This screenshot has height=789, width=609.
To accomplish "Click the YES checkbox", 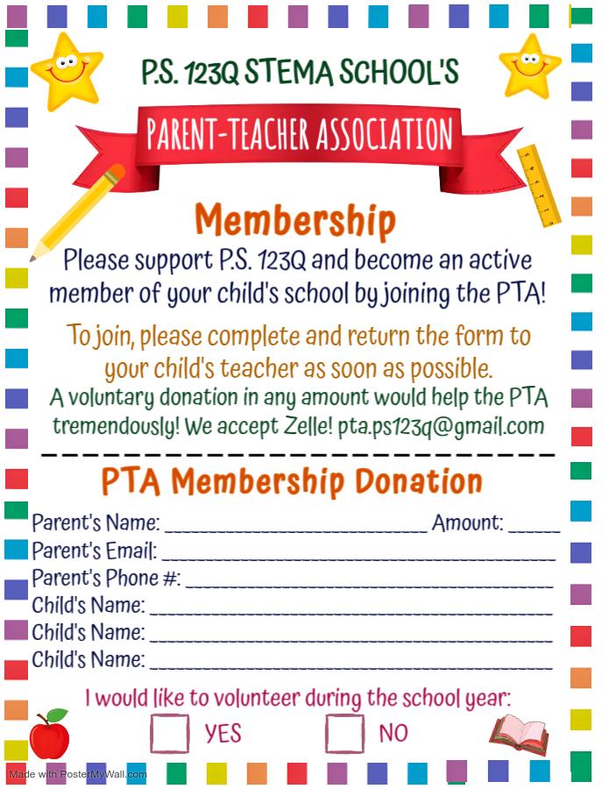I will click(x=169, y=733).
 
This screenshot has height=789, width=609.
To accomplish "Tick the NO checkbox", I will click(x=344, y=733).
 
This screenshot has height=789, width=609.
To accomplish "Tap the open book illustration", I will click(x=520, y=735).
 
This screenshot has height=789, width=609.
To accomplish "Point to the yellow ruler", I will click(x=539, y=185).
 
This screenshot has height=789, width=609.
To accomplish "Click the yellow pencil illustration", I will click(x=78, y=211).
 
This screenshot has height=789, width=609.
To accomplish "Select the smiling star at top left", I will click(x=67, y=70).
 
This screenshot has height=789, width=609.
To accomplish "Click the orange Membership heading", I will click(x=295, y=220).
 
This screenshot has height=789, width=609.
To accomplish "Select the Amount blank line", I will click(x=534, y=526).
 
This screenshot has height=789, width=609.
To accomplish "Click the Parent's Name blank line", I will click(x=295, y=526).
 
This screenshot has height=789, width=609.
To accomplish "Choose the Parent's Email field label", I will click(x=95, y=551).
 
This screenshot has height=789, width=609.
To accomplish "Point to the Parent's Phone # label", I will click(x=106, y=579).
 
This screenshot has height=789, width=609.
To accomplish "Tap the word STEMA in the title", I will click(x=287, y=73).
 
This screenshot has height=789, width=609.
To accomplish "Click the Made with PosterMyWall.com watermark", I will click(x=78, y=774).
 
